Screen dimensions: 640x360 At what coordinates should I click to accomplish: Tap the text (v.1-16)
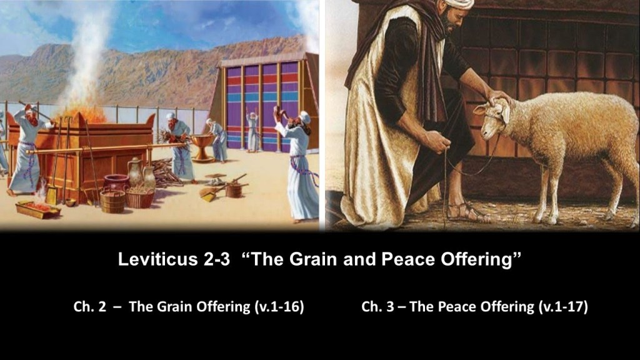[x=279, y=306]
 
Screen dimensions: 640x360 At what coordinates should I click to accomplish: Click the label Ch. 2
[x=90, y=306]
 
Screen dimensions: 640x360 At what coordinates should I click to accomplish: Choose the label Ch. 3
[x=377, y=306]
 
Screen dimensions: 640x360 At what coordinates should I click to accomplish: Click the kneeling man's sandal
[x=465, y=212]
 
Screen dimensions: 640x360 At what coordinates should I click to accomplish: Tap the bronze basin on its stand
[x=202, y=147]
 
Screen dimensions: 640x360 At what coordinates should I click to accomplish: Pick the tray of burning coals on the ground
[x=37, y=209]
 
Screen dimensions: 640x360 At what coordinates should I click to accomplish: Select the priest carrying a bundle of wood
[x=179, y=147]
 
